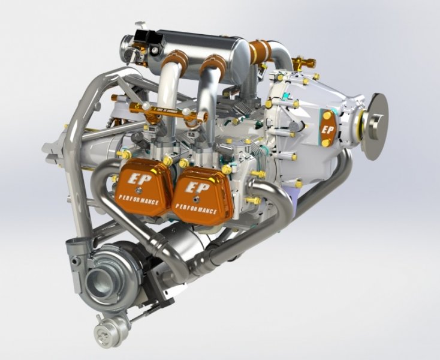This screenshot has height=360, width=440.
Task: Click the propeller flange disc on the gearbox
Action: [x=376, y=125]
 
